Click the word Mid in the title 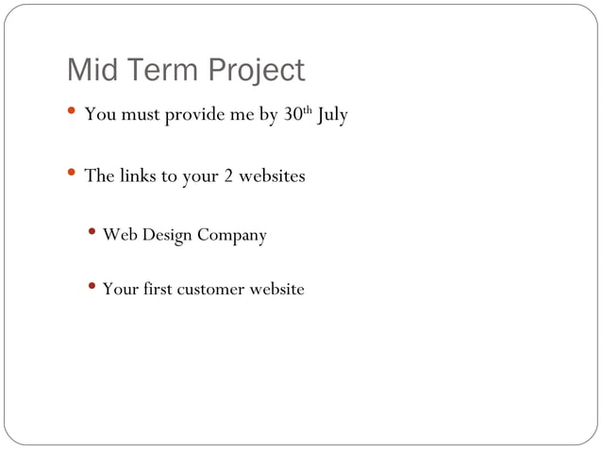(92, 71)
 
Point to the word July (332, 117)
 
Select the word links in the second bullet (137, 176)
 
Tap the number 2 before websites (228, 176)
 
